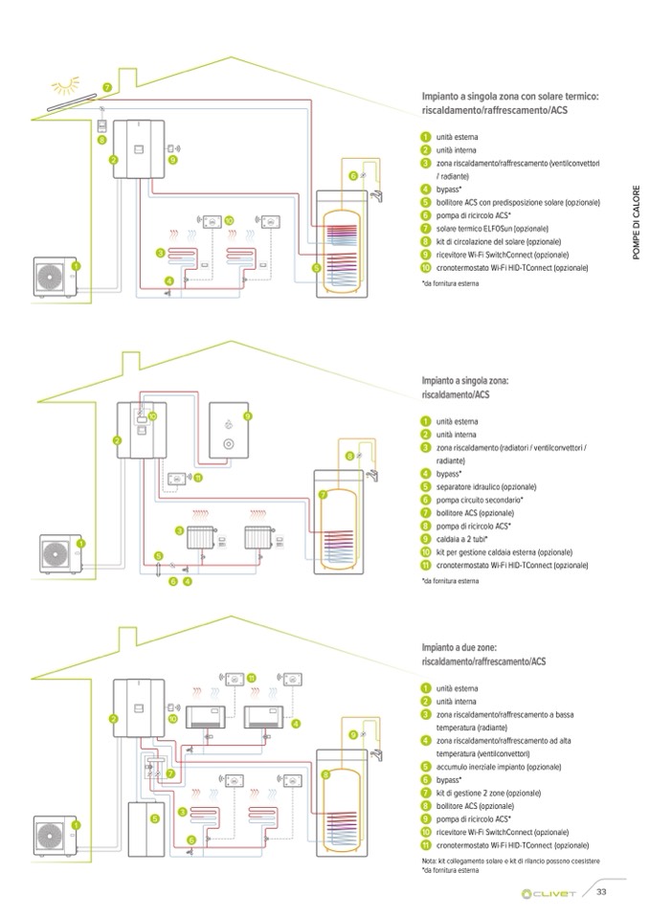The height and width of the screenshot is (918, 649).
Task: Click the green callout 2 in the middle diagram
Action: tap(117, 439)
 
